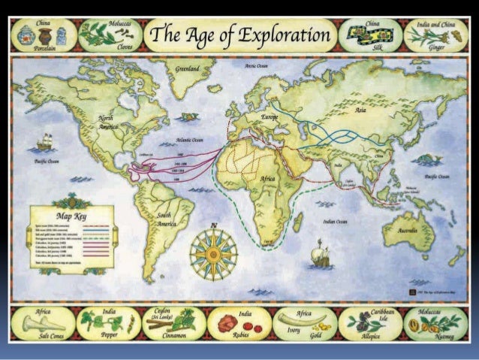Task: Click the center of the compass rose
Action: tap(213, 250)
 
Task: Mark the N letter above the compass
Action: tap(213, 224)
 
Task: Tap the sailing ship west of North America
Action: tap(46, 143)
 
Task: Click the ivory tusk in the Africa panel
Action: tap(294, 322)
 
